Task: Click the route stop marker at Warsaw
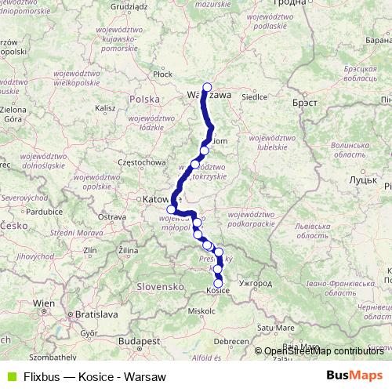click(207, 88)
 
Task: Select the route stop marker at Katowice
click(171, 209)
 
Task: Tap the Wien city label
click(44, 303)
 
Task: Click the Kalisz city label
click(105, 107)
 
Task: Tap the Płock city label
click(163, 74)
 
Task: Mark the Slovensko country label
click(159, 287)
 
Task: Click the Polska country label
click(144, 100)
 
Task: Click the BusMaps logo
click(354, 376)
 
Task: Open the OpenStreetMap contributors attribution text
click(323, 351)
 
